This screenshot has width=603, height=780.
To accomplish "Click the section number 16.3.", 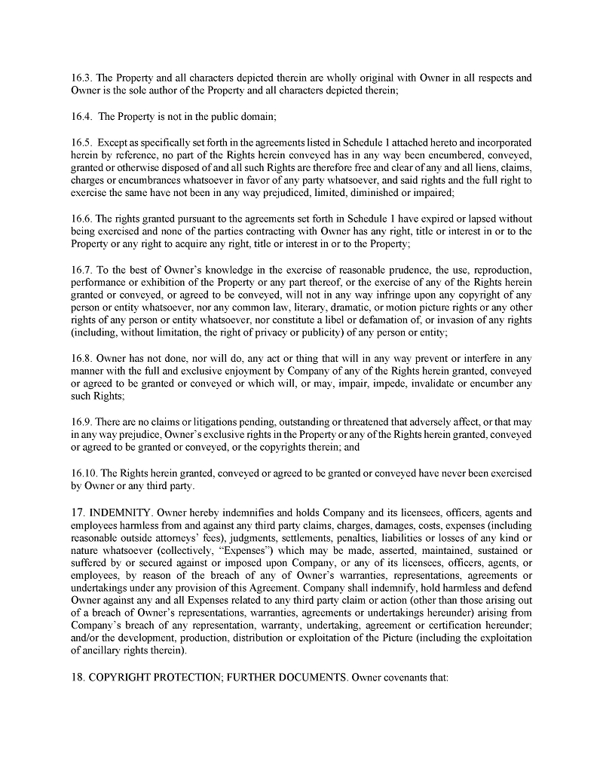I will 81,78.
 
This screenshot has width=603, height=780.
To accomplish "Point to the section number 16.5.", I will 81,142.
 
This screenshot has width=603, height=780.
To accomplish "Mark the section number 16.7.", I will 81,270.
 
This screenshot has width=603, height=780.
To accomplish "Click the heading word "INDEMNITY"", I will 121,512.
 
